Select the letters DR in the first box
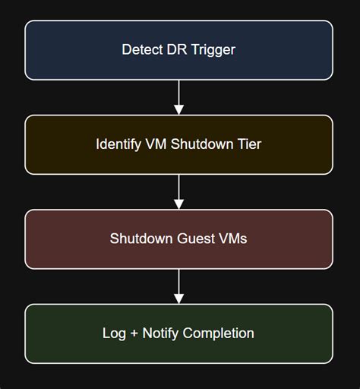173,50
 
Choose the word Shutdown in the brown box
202,144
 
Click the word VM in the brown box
158,144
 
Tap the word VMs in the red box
232,239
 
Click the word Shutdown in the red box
141,239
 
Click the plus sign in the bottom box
134,334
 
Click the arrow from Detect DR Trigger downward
179,97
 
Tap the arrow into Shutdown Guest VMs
179,191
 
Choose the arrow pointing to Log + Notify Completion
179,286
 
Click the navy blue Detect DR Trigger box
76,50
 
